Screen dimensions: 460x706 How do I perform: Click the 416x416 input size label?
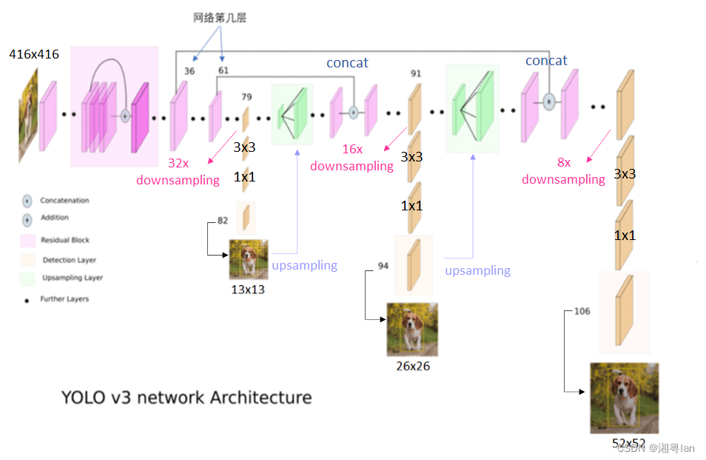34,54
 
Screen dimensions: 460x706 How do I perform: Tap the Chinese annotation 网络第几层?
220,18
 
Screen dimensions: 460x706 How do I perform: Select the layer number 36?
189,71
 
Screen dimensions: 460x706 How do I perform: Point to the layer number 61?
223,71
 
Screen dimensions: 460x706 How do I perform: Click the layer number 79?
246,96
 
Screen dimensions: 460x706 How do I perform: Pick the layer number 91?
415,73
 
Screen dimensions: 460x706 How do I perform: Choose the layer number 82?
223,221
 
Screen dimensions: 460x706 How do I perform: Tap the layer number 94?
383,266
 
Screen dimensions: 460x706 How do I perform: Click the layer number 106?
582,311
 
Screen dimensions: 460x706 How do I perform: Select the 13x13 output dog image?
249,259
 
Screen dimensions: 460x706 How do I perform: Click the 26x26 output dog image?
412,330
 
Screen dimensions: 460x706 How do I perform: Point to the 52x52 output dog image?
624,398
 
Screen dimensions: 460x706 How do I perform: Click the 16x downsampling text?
352,158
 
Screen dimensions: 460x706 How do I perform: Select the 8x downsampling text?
563,171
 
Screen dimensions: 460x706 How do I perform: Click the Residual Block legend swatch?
27,241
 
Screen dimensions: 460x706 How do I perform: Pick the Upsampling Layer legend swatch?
27,279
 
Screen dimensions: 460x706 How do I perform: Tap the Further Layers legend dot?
27,299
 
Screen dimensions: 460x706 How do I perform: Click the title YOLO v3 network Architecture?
186,398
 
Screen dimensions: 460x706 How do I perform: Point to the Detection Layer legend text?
69,260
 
